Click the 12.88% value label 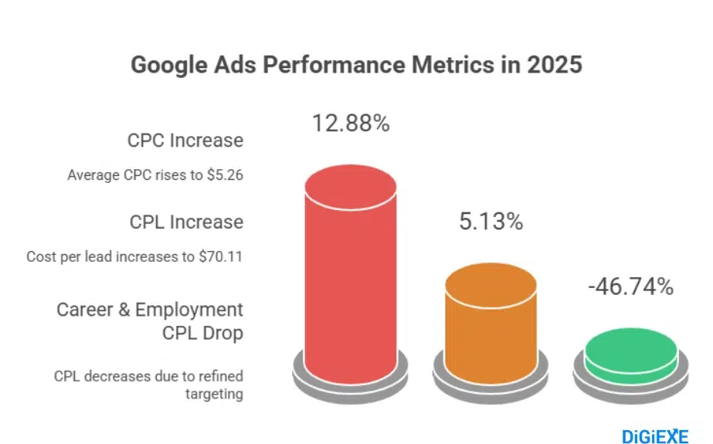[351, 124]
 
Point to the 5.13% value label [491, 222]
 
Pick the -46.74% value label [630, 287]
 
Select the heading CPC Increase [185, 141]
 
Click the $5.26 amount [225, 175]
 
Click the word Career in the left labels [85, 310]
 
